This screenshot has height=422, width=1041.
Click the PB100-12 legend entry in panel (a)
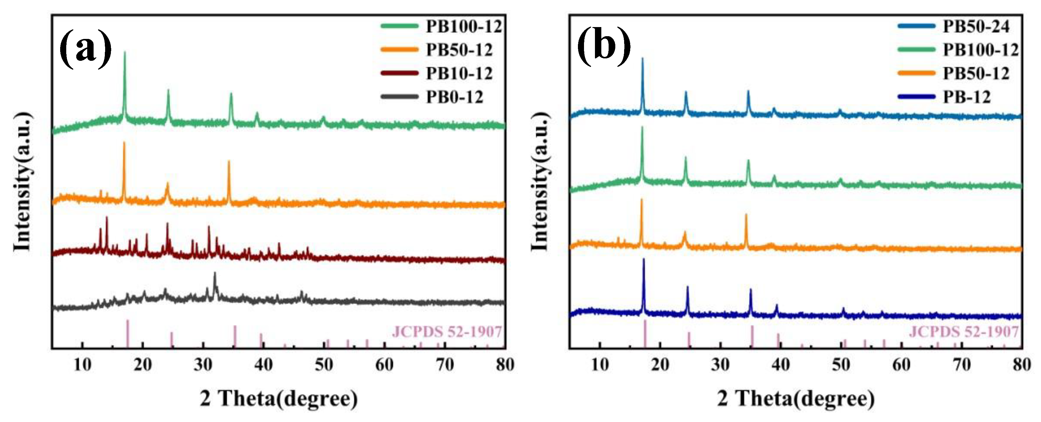[463, 27]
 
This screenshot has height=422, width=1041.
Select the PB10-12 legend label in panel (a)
[459, 74]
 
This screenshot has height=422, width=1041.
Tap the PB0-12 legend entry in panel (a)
[454, 97]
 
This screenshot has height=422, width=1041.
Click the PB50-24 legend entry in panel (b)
[976, 27]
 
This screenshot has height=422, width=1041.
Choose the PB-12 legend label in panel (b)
[967, 97]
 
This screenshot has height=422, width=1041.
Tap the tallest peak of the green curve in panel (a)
[125, 53]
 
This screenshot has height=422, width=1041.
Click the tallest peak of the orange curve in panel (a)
[124, 143]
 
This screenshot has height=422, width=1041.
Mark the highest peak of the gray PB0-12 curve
[215, 274]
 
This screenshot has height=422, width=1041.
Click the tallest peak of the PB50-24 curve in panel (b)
[643, 59]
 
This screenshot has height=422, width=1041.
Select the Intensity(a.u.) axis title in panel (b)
[540, 182]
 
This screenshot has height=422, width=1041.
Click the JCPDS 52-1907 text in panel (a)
[447, 332]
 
